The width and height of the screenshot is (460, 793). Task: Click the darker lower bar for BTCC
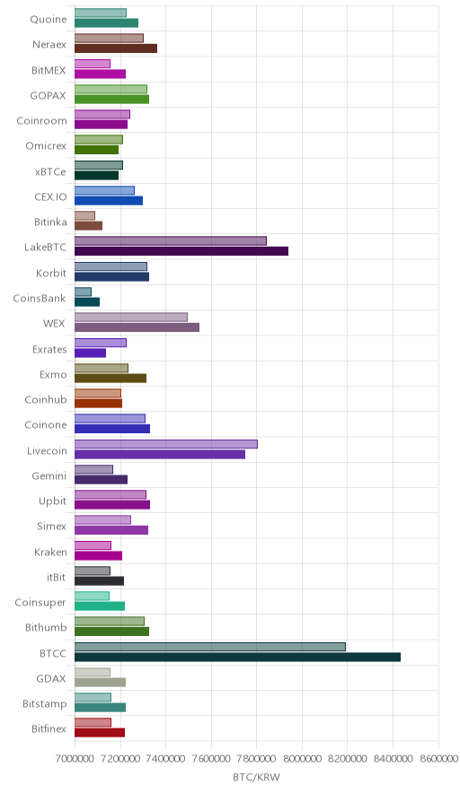pos(237,657)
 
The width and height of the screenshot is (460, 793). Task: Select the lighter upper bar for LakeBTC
pos(171,241)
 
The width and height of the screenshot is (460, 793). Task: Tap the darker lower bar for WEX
pos(137,327)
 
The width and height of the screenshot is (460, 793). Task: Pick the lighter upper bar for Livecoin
pos(166,444)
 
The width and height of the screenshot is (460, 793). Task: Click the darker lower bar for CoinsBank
pos(87,302)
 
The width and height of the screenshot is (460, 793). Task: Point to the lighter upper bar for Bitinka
pos(84,216)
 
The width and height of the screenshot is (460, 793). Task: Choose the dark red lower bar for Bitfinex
pos(100,733)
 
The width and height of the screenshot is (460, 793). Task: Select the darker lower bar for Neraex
pos(116,48)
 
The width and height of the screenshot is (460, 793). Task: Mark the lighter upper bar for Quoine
pos(101,13)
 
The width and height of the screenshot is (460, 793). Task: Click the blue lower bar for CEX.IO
pos(109,201)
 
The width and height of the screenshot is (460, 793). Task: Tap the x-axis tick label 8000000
pos(302,759)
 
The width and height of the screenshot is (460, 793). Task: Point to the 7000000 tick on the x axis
pos(75,759)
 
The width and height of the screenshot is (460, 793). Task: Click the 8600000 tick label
pos(438,759)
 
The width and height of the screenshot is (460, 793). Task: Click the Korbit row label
pos(51,273)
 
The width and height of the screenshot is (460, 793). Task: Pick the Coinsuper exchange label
pos(40,602)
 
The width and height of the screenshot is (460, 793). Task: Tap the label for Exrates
pos(49,350)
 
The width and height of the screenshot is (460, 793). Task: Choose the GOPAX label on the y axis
pos(49,96)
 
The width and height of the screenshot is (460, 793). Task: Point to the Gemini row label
pos(49,476)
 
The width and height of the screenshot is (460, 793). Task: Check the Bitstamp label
pos(45,704)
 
